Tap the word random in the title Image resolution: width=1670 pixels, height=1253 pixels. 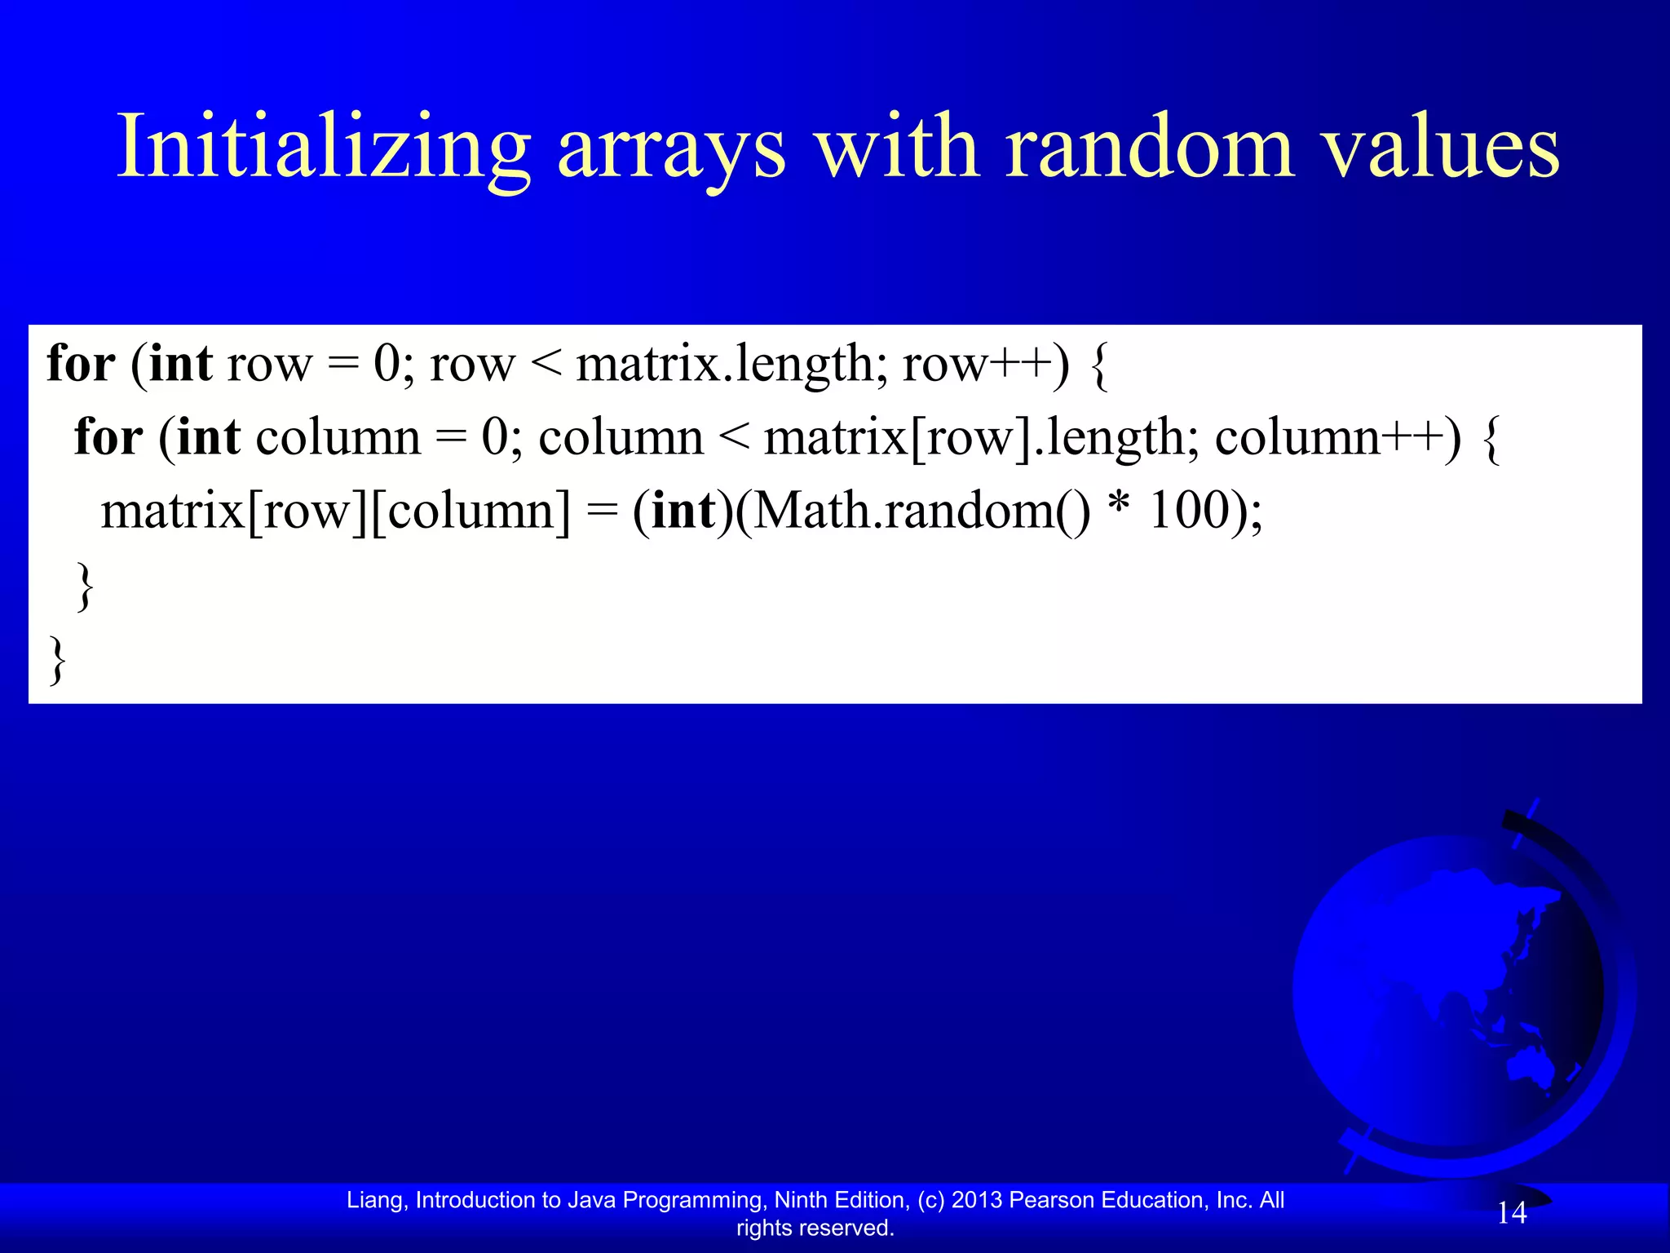point(1150,147)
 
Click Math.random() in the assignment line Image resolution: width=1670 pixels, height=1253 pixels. point(921,511)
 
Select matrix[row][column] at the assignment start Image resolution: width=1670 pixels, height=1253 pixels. point(335,511)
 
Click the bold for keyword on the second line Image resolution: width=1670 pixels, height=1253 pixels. point(108,437)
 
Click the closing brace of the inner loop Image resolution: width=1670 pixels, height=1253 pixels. point(84,586)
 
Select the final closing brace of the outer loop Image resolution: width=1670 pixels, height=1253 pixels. point(58,659)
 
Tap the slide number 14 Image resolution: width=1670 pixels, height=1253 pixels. point(1511,1213)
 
